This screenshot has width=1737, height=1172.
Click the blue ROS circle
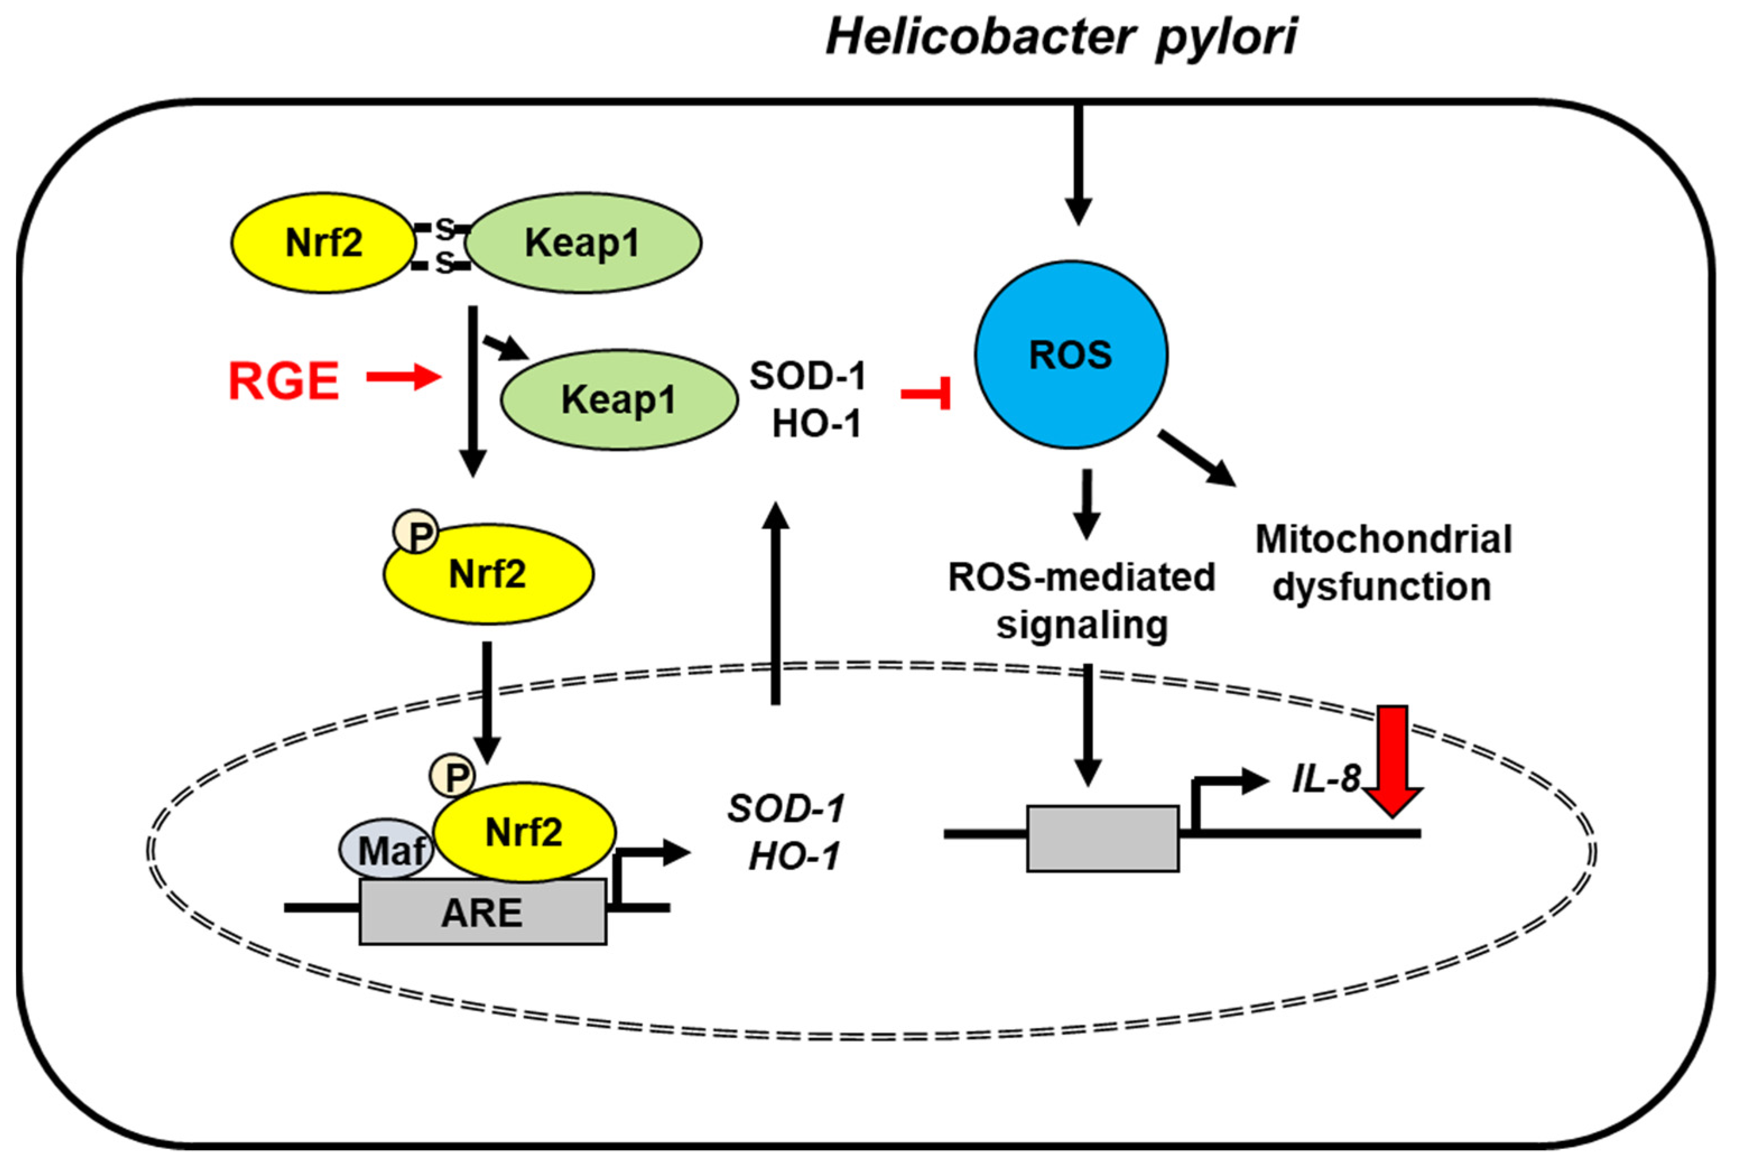click(1070, 354)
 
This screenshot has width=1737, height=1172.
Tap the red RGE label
click(284, 381)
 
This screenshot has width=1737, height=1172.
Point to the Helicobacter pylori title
click(1061, 38)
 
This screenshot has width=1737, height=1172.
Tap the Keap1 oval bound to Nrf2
click(582, 242)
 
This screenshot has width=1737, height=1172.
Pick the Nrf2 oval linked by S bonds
click(323, 242)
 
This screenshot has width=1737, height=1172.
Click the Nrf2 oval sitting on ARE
click(524, 832)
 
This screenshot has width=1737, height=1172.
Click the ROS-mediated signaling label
click(1081, 600)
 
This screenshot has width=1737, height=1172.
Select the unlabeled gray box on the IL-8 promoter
click(1103, 838)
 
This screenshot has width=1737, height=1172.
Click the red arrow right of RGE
click(403, 378)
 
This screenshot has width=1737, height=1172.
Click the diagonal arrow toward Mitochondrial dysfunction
click(1197, 459)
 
